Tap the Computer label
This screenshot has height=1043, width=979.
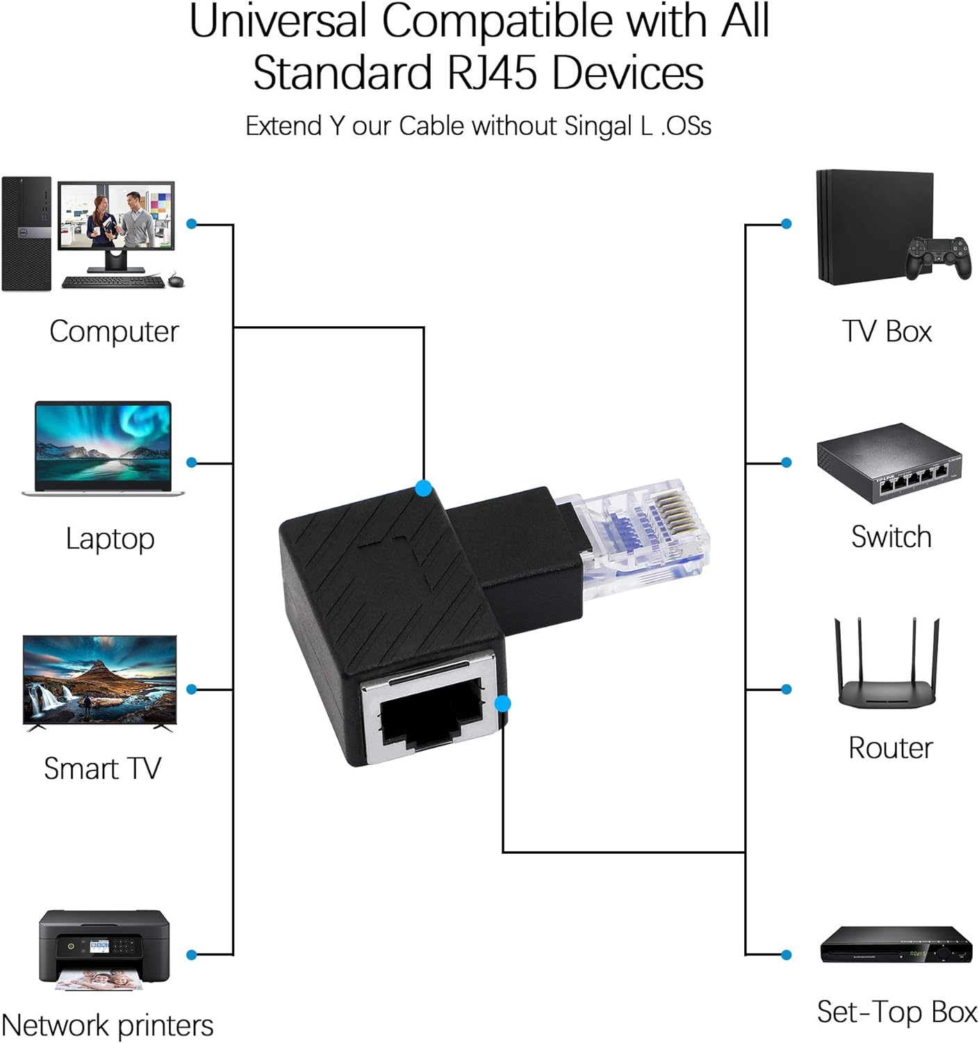[114, 331]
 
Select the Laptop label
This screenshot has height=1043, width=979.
[110, 538]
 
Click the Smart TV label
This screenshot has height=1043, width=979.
[102, 768]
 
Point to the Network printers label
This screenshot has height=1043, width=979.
[107, 1025]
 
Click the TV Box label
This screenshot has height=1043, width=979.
[887, 331]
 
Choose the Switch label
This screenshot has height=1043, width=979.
[891, 537]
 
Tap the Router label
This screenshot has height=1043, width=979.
[890, 747]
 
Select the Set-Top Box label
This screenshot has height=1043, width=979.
[896, 1012]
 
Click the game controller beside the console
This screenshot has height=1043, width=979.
[938, 257]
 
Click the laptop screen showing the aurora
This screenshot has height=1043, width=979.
[103, 443]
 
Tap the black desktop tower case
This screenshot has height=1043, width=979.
[26, 234]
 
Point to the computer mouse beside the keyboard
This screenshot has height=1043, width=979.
[176, 281]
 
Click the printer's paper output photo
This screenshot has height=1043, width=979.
[99, 980]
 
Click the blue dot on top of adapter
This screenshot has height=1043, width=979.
[423, 488]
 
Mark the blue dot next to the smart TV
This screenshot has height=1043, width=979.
[192, 689]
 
